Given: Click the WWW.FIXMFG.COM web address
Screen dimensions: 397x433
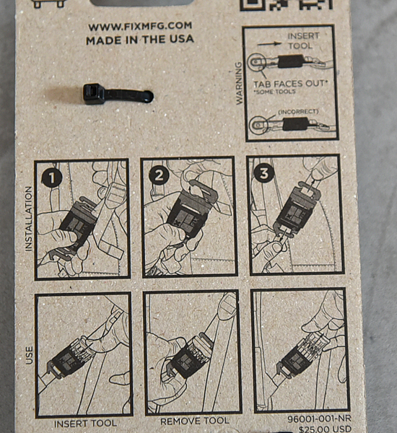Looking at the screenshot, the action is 140,27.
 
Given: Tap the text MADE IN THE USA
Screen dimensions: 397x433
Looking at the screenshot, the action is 140,40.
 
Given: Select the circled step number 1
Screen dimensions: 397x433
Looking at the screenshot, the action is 52,178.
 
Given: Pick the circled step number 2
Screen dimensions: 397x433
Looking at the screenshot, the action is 159,175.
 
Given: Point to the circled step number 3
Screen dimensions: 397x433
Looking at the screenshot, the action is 264,173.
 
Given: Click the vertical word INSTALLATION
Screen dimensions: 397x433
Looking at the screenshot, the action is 28,219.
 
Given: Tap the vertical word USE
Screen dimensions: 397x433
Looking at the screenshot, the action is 29,355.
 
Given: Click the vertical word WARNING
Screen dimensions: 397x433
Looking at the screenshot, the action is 239,83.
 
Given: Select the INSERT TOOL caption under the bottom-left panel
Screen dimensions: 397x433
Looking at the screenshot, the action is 85,424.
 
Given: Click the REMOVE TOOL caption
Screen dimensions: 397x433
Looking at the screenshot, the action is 195,421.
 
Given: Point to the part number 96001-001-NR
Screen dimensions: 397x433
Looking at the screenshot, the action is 319,419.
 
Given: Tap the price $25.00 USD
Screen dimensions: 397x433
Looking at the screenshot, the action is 325,429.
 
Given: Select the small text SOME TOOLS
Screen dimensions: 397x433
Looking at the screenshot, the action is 276,92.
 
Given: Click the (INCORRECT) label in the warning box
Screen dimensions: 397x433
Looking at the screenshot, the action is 298,112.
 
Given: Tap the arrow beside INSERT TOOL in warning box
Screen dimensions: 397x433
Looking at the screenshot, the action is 270,43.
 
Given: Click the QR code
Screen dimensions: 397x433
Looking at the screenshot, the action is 287,5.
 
